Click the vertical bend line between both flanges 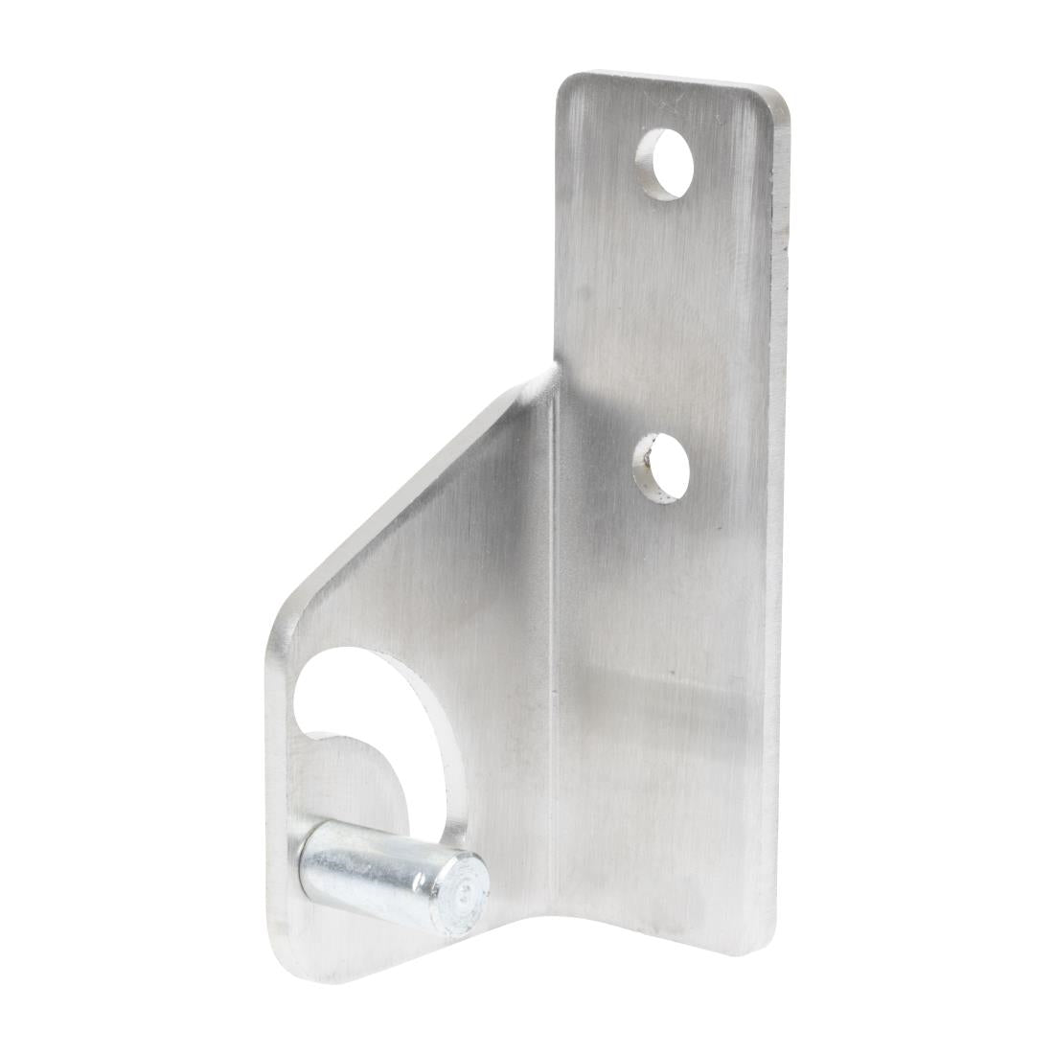[x=554, y=623]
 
